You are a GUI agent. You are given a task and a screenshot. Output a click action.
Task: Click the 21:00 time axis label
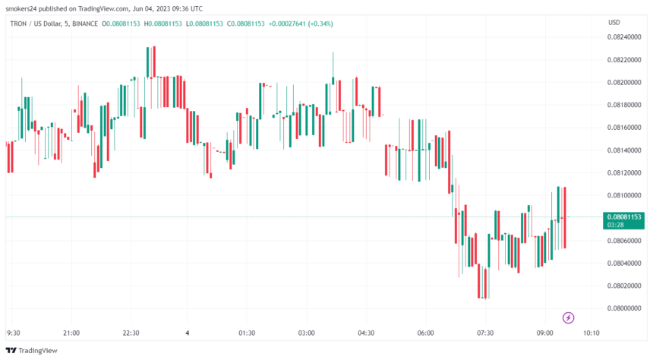tap(71, 333)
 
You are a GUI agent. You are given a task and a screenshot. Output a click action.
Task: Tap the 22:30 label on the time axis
tap(131, 333)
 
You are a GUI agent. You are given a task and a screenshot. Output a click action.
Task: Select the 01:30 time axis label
tap(246, 333)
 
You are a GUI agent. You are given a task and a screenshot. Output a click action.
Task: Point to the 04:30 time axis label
tap(366, 333)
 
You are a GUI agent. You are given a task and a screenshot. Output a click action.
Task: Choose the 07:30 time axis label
tap(485, 333)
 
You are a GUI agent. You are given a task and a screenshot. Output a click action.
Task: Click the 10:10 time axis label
tap(591, 333)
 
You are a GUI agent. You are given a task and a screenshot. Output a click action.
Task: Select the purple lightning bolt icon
tap(568, 317)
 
